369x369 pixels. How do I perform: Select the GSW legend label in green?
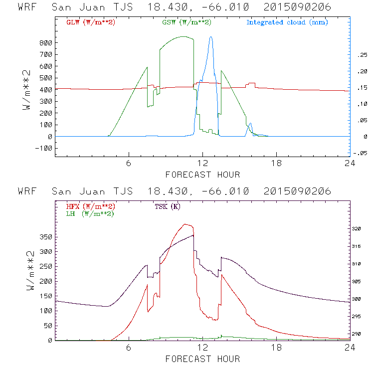point(184,22)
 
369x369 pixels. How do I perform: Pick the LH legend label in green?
point(89,213)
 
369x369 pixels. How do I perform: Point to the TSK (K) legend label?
point(167,206)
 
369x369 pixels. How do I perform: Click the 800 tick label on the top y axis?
point(45,43)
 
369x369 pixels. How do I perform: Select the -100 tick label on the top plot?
point(43,148)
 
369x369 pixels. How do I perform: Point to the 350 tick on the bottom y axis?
point(45,237)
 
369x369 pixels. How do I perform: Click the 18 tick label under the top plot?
point(276,164)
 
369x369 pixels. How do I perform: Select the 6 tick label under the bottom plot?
point(129,348)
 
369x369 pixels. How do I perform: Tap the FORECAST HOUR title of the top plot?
point(202,175)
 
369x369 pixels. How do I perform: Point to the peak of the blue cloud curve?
point(211,36)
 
